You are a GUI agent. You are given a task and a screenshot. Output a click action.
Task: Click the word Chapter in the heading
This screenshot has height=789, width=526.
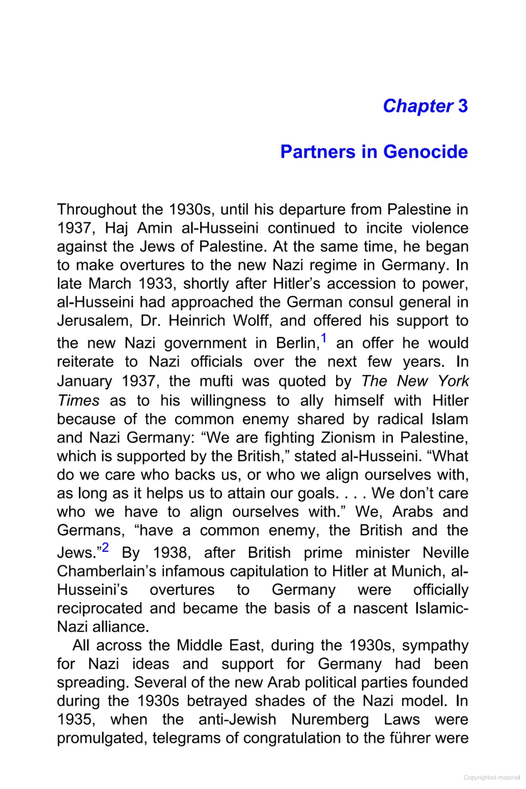[x=418, y=106]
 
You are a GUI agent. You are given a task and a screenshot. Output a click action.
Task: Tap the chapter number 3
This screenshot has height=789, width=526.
[x=462, y=106]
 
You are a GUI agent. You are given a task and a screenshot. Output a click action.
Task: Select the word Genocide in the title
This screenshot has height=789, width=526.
[x=425, y=152]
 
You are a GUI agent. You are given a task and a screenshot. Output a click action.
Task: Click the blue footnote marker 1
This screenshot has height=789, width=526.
[x=323, y=338]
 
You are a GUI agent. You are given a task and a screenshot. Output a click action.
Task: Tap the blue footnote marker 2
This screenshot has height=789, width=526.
[x=105, y=548]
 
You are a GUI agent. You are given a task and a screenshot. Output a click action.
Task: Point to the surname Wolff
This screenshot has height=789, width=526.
[x=251, y=321]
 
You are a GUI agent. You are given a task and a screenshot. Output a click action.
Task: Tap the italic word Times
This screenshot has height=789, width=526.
[x=78, y=400]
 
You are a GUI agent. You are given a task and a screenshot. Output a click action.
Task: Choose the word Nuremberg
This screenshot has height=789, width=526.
[x=330, y=719]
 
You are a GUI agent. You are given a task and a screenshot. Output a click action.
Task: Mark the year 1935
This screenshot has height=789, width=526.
[x=75, y=719]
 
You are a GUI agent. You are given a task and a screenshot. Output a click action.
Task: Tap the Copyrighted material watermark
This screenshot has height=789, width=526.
[x=491, y=778]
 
